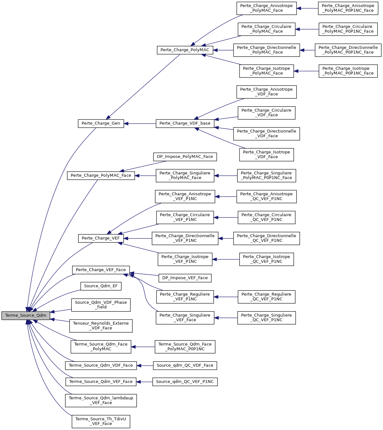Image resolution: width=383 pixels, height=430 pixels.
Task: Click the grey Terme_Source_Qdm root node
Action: pyautogui.click(x=26, y=315)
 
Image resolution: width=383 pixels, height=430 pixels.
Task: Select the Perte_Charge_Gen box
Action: pyautogui.click(x=101, y=123)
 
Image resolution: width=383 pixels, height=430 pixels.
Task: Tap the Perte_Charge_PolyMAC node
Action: pyautogui.click(x=185, y=50)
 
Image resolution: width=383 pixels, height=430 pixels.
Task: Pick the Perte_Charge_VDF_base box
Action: pyautogui.click(x=185, y=123)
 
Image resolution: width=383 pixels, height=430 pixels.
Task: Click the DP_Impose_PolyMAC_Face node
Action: pyautogui.click(x=185, y=157)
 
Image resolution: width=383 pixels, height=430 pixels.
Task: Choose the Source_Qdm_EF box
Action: pyautogui.click(x=101, y=286)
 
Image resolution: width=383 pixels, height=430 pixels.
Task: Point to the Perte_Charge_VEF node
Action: pyautogui.click(x=101, y=238)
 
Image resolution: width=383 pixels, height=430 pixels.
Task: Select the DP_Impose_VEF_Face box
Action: pyautogui.click(x=185, y=278)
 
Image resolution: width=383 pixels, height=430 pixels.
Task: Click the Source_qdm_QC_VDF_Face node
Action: pyautogui.click(x=185, y=365)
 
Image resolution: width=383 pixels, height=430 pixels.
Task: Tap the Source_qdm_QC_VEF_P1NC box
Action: pyautogui.click(x=185, y=382)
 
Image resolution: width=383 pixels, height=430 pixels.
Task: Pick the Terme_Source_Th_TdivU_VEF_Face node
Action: pyautogui.click(x=101, y=421)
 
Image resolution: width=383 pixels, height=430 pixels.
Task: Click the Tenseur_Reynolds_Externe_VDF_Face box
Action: pyautogui.click(x=101, y=326)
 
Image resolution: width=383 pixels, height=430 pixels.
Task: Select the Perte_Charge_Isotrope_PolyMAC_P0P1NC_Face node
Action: pyautogui.click(x=348, y=71)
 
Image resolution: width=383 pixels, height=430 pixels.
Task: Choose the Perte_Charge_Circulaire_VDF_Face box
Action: pyautogui.click(x=266, y=113)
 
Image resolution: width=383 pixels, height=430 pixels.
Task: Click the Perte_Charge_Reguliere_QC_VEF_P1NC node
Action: pyautogui.click(x=266, y=297)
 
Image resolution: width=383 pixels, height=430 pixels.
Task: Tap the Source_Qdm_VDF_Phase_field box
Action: pyautogui.click(x=101, y=305)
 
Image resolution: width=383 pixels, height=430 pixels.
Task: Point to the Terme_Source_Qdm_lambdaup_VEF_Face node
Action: pyautogui.click(x=101, y=401)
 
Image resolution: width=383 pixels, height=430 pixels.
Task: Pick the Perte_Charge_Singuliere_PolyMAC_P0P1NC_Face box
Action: pyautogui.click(x=266, y=175)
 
